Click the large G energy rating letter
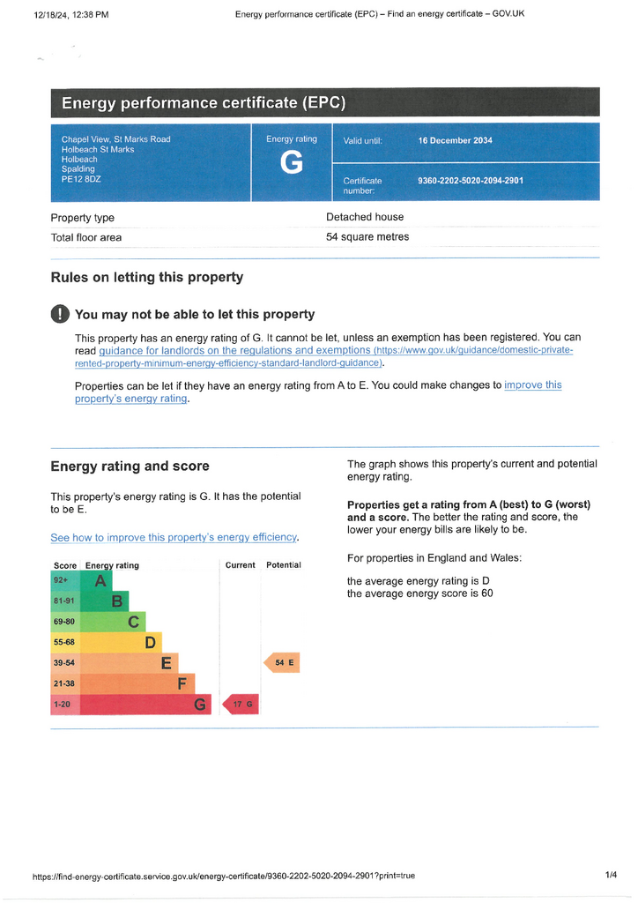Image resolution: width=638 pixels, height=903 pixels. click(292, 162)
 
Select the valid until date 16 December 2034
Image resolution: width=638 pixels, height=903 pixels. click(455, 140)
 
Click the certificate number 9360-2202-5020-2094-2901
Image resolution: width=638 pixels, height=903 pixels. click(471, 181)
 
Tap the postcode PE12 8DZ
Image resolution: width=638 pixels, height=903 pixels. click(81, 179)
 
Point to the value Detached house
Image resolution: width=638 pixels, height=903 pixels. click(365, 217)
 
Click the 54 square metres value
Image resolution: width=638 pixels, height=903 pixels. click(367, 236)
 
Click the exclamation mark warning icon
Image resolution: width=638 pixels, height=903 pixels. click(60, 314)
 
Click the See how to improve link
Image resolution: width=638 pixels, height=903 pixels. click(174, 537)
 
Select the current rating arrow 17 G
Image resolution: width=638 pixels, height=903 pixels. click(241, 705)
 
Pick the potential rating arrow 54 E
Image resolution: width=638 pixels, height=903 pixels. click(282, 663)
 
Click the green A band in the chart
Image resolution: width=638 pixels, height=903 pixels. click(96, 580)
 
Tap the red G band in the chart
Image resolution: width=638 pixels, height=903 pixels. click(145, 705)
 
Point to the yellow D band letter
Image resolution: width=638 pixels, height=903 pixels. click(150, 642)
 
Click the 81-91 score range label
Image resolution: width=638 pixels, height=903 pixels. click(63, 601)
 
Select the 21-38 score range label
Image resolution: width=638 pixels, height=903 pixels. click(63, 683)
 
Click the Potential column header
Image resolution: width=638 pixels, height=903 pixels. click(284, 565)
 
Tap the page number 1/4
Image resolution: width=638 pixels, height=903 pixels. click(611, 875)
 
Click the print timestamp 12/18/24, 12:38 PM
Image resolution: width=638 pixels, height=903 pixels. click(71, 15)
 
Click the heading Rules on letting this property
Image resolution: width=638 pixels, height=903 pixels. click(146, 278)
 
